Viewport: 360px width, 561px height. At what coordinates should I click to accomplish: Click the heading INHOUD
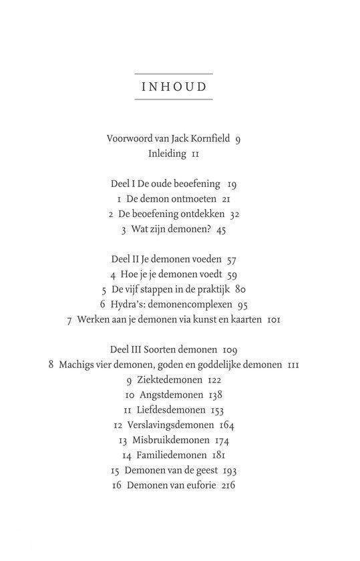pos(174,87)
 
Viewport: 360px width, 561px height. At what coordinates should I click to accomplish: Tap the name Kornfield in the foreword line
pos(206,139)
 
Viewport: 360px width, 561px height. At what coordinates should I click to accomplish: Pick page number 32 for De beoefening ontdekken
pos(234,214)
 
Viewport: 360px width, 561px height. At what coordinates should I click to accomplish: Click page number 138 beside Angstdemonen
pos(214,395)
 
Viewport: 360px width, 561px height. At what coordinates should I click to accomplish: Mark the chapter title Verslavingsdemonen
pos(172,426)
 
